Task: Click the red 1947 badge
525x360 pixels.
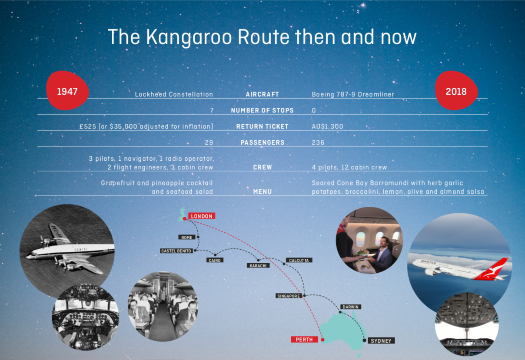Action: coord(67,91)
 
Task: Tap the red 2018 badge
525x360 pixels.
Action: coord(456,91)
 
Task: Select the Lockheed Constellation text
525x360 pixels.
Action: coord(174,94)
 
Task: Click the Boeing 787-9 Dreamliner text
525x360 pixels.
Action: coord(353,94)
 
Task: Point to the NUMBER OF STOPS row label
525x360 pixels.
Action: coord(262,110)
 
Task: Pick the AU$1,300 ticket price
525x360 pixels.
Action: coord(327,126)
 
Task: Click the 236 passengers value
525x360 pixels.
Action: coord(318,142)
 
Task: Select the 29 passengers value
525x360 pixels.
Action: coord(209,142)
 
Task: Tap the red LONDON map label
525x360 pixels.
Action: coord(202,216)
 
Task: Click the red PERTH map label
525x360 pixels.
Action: coord(304,340)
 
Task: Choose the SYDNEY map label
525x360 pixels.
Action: coord(381,340)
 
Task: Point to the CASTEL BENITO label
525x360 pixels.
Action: coord(176,251)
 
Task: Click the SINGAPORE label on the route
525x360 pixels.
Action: coord(289,296)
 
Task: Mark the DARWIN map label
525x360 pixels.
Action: coord(351,307)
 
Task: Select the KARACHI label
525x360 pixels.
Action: coord(258,265)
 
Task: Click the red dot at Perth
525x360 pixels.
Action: coord(323,340)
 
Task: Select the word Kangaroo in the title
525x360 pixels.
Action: coord(189,37)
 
